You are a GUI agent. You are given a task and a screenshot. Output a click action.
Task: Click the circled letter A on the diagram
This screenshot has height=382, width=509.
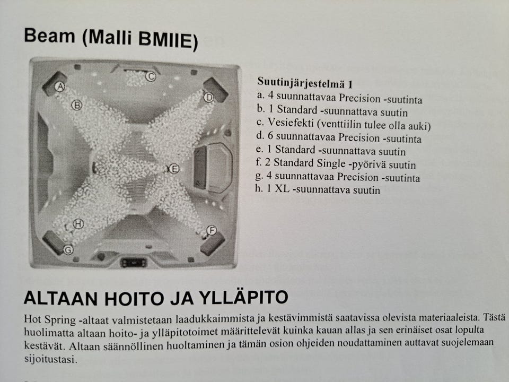60,86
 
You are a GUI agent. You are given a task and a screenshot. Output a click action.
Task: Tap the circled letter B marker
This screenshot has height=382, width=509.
76,105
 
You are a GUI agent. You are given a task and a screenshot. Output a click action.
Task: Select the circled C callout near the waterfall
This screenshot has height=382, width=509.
151,76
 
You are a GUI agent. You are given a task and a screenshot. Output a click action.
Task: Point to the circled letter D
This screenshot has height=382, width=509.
209,97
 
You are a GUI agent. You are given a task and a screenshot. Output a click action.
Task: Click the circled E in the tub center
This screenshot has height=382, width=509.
174,169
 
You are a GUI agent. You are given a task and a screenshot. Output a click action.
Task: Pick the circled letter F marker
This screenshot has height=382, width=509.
212,230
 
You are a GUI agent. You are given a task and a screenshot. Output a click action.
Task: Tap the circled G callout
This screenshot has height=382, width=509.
68,250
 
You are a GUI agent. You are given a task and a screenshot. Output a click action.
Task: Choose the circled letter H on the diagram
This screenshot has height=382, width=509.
78,224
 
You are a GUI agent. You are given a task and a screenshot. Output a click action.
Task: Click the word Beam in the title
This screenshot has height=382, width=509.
49,36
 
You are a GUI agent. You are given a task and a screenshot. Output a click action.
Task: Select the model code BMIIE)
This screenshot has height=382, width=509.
168,41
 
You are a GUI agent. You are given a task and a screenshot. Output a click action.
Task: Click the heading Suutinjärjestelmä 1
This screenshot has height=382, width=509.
304,83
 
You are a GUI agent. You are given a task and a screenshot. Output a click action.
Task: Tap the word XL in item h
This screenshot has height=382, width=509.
282,188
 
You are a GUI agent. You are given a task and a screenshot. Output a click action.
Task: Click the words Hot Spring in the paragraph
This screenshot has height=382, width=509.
50,319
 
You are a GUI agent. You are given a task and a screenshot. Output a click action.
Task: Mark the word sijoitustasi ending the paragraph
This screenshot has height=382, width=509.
50,359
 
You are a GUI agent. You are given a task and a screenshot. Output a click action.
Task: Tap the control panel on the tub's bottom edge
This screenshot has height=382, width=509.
134,263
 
